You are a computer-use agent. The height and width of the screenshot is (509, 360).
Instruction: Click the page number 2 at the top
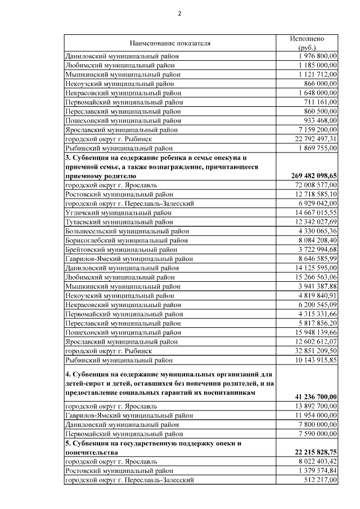pyautogui.click(x=180, y=13)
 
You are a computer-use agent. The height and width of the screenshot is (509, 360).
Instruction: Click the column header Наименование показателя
pyautogui.click(x=169, y=43)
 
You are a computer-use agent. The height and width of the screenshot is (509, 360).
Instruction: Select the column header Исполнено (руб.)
pyautogui.click(x=307, y=43)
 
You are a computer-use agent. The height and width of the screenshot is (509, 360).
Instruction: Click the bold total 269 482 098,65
pyautogui.click(x=315, y=175)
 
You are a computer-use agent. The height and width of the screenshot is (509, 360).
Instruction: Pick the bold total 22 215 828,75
pyautogui.click(x=315, y=452)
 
